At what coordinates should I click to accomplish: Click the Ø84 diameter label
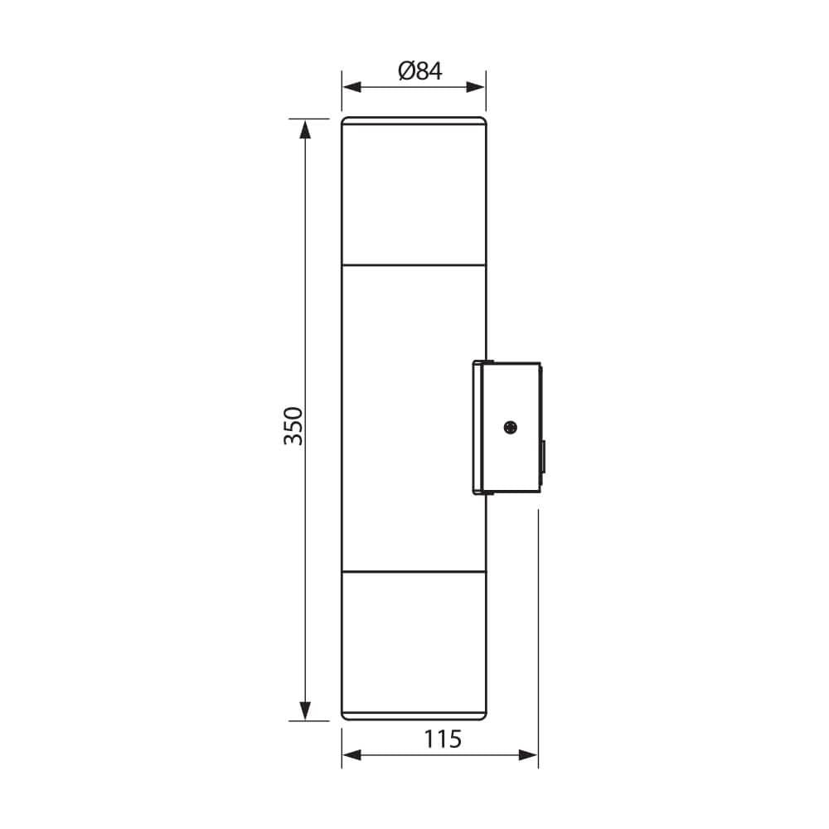tap(420, 70)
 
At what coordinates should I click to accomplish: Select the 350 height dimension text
tap(293, 426)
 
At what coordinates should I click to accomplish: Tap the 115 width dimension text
tap(443, 739)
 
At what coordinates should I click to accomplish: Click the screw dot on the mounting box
tap(510, 427)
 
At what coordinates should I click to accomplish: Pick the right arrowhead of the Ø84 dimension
tap(475, 88)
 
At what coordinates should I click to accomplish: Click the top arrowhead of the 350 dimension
tap(305, 129)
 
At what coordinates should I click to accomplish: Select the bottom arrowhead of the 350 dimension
tap(305, 710)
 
